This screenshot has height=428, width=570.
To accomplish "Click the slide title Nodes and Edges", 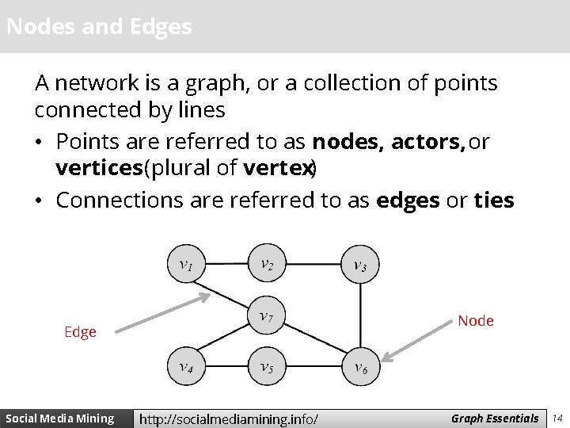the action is (x=99, y=27).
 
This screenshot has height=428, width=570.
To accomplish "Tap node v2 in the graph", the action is (x=267, y=265).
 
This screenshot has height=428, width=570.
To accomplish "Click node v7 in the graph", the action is (x=267, y=318).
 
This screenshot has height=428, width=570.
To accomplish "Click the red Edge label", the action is (x=80, y=332).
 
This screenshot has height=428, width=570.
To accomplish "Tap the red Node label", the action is (x=475, y=320).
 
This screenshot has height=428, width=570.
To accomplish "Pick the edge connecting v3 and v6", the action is (x=359, y=317).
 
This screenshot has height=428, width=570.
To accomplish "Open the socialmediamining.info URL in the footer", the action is (x=229, y=418).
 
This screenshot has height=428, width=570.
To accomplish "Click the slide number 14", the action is (x=557, y=418).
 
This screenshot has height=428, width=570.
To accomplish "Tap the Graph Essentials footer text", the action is (x=495, y=417).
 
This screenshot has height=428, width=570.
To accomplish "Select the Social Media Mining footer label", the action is (x=60, y=418).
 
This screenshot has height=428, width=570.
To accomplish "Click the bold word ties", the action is (x=494, y=201).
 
